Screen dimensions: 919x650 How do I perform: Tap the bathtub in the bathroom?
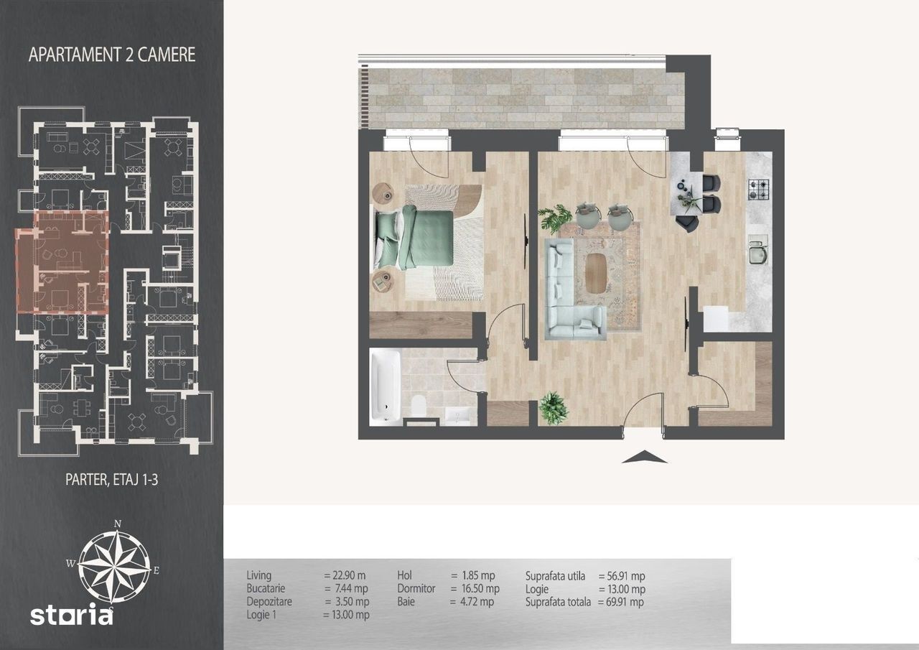click(x=386, y=386)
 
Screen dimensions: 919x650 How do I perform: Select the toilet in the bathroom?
click(x=419, y=405)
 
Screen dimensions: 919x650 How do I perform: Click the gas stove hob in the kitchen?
click(x=757, y=190)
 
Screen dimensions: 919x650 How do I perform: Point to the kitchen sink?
click(x=757, y=251)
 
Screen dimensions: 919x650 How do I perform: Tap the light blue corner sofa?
click(x=572, y=289)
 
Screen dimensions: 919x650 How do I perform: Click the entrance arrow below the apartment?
click(x=644, y=457)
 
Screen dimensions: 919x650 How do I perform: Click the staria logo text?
click(x=71, y=614)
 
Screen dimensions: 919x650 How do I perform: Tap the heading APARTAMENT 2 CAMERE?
click(x=111, y=55)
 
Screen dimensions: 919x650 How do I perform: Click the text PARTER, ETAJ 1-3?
click(x=111, y=480)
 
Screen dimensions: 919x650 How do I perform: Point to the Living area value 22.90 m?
click(x=345, y=575)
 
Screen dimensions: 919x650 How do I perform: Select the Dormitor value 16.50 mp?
click(x=475, y=588)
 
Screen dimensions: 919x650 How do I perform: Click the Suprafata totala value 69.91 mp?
click(x=621, y=602)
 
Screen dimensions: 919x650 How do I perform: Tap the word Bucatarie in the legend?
click(x=266, y=588)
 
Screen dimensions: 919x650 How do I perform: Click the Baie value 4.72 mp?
click(x=472, y=602)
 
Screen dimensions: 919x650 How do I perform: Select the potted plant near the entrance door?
click(x=553, y=408)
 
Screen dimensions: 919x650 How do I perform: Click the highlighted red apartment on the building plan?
click(x=62, y=263)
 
